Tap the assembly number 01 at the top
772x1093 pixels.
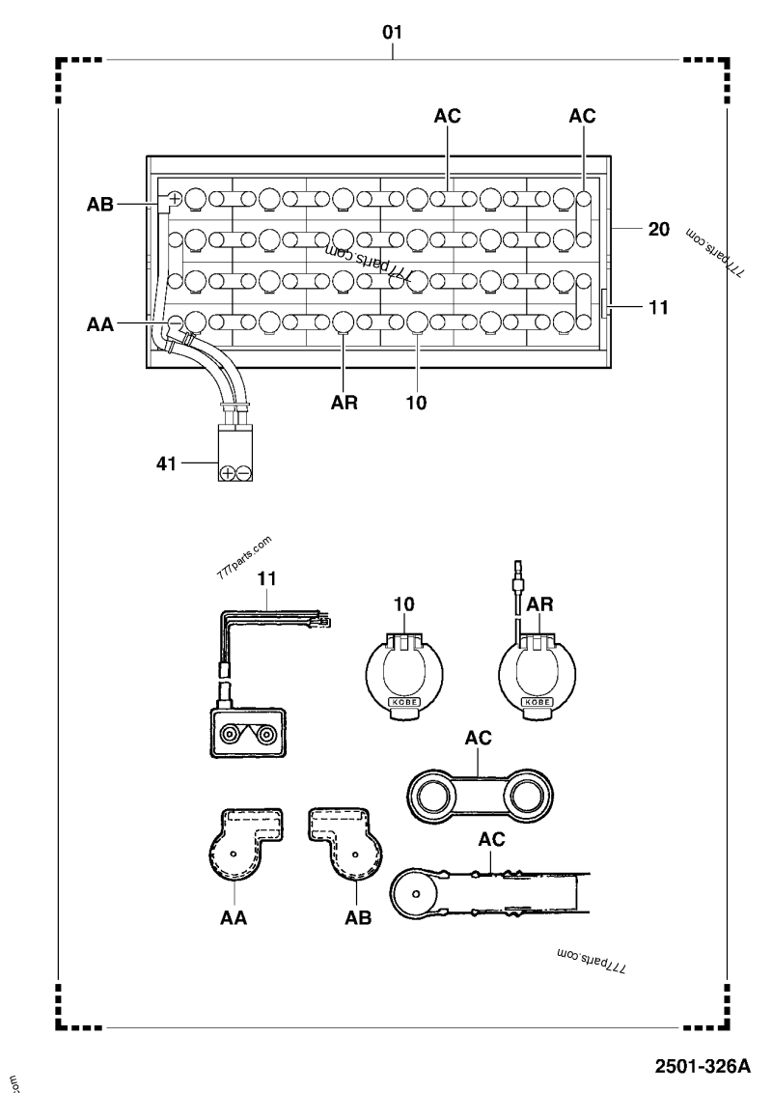pos(392,33)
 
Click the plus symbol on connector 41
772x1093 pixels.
pos(228,473)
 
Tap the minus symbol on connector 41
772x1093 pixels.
pos(244,473)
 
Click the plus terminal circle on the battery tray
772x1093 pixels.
pos(175,200)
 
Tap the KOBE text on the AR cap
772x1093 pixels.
pos(536,702)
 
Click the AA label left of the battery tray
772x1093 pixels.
pos(100,326)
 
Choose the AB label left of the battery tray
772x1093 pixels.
pos(100,205)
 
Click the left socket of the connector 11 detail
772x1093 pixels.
pos(233,734)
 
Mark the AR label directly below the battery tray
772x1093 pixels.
pos(345,404)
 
